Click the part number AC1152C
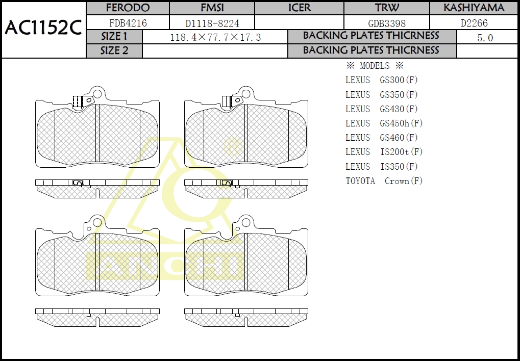(x=43, y=28)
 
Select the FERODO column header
(x=128, y=8)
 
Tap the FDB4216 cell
(x=128, y=23)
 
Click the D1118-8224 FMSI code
(x=212, y=23)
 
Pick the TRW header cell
(x=387, y=8)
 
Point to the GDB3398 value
(x=387, y=23)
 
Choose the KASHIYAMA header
(x=474, y=8)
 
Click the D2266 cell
(x=474, y=23)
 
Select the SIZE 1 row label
(x=114, y=36)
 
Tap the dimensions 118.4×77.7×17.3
(x=215, y=37)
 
